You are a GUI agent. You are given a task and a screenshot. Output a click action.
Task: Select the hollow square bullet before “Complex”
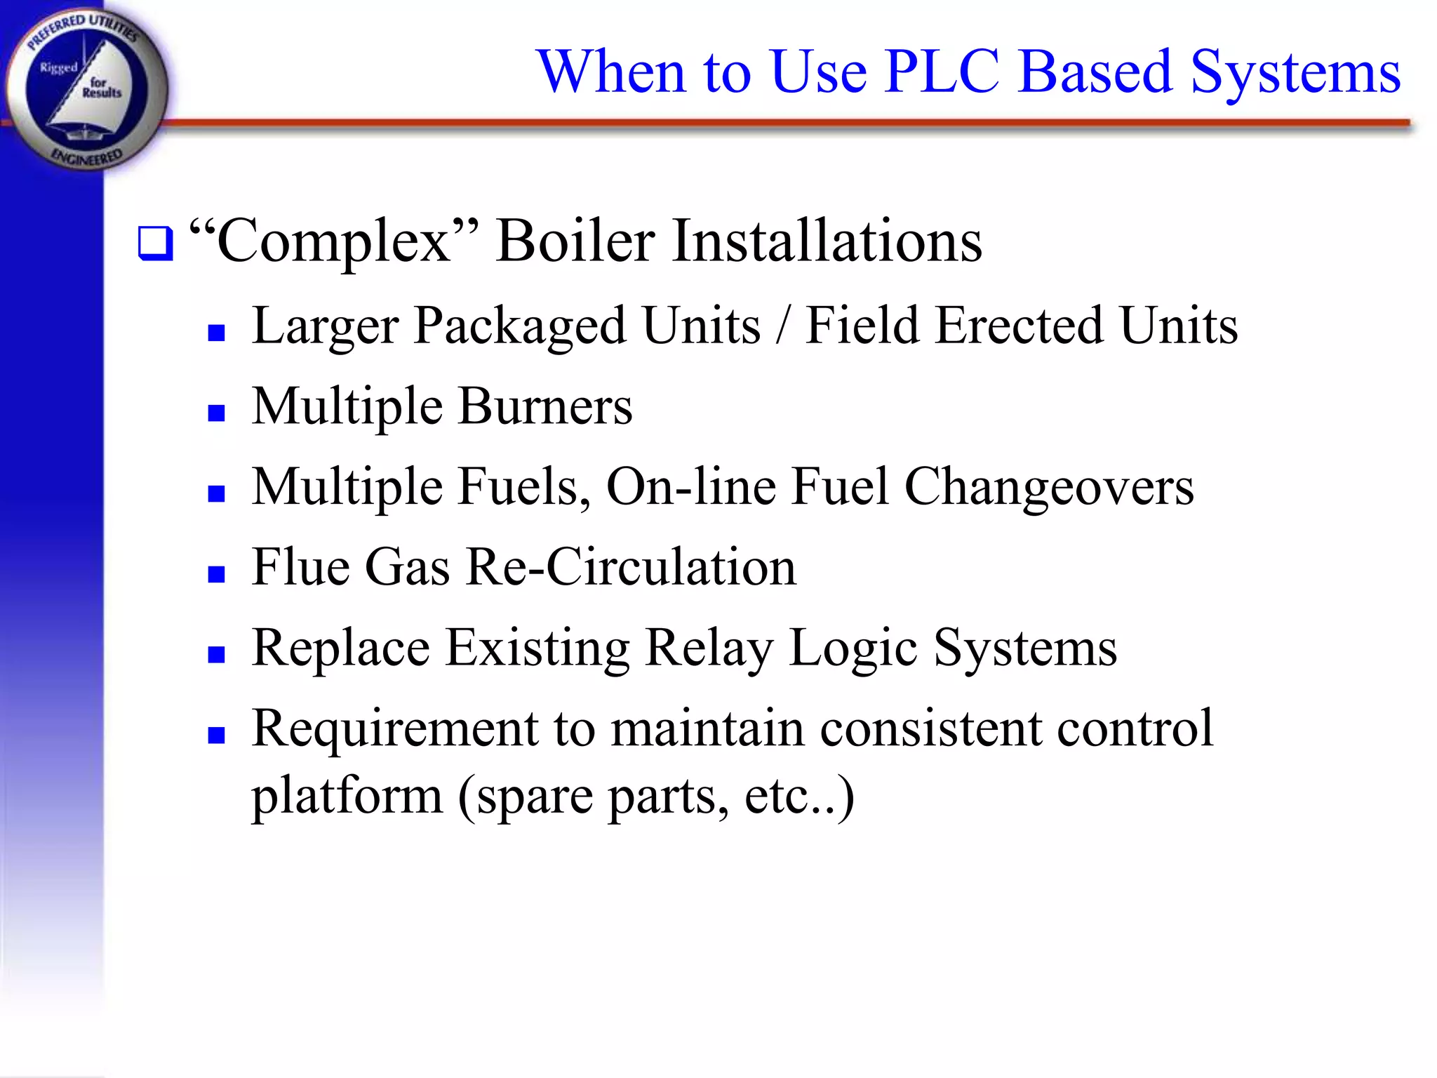155,243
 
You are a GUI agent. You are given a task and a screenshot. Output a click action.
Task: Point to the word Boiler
575,241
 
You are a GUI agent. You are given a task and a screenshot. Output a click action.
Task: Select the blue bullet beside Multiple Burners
216,412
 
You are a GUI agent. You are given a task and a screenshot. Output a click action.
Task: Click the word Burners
545,406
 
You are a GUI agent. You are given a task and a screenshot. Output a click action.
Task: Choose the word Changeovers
1049,487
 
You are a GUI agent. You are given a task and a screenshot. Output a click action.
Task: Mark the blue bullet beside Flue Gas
216,574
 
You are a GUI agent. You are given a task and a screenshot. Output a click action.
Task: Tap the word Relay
709,648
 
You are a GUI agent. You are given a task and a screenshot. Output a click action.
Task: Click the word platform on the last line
347,797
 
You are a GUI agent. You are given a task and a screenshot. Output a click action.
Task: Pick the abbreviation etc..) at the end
799,796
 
